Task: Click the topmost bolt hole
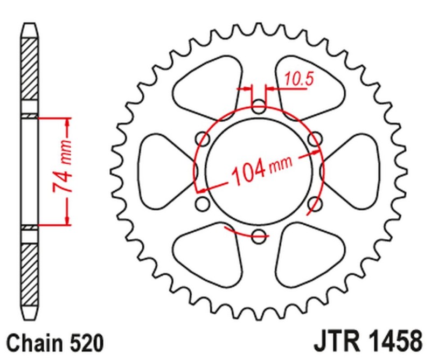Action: pos(259,105)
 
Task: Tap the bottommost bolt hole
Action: pos(259,234)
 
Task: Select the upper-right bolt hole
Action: pos(315,139)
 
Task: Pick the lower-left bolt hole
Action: pos(203,204)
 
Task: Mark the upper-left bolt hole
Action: pos(203,139)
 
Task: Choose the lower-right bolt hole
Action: pos(315,203)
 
